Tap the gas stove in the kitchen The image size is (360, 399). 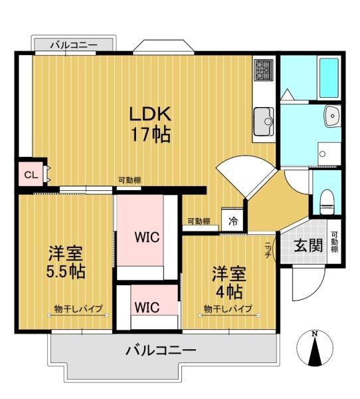[264, 69]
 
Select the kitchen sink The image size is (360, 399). [264, 122]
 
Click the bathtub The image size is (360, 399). [329, 78]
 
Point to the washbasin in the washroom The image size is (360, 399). [332, 116]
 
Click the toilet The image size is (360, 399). [327, 201]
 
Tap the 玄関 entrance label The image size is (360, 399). [308, 245]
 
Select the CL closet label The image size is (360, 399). [31, 175]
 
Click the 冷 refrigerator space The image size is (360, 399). [232, 221]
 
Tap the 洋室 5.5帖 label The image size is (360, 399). [66, 262]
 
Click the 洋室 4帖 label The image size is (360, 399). [228, 283]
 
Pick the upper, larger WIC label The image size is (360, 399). [147, 237]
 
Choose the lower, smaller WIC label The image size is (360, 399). [147, 307]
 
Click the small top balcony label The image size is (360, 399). [74, 45]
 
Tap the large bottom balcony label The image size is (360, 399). [161, 350]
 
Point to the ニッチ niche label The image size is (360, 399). [268, 250]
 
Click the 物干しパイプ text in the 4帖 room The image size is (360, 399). [228, 309]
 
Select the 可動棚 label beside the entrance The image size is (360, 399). [334, 242]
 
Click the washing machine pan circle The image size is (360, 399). [322, 154]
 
